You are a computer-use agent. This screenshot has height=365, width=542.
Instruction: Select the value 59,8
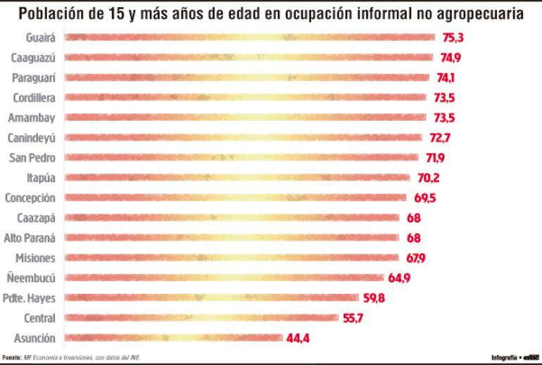click(374, 298)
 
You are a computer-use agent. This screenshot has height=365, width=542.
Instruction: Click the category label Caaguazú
click(34, 58)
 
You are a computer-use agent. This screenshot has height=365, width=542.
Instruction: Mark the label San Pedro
click(34, 158)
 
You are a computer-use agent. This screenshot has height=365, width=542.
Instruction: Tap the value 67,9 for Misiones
click(415, 258)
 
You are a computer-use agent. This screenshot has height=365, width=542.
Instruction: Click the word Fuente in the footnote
click(11, 357)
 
